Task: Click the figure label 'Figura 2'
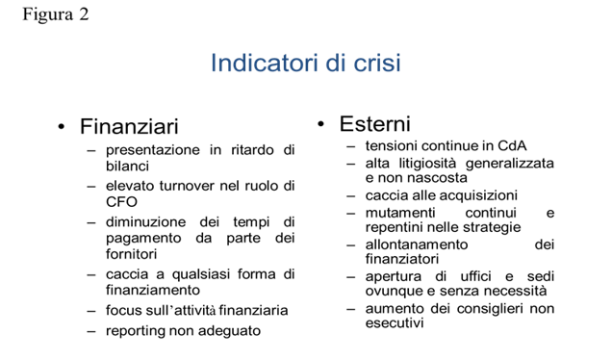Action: click(x=56, y=15)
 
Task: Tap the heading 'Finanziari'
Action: click(x=129, y=126)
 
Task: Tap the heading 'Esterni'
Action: click(x=374, y=124)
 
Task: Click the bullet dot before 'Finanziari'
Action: click(x=61, y=127)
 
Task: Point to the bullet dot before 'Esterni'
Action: click(x=320, y=124)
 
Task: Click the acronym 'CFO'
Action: click(x=121, y=202)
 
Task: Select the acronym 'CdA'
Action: click(x=512, y=145)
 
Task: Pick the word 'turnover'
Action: click(x=187, y=186)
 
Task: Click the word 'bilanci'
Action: click(x=127, y=166)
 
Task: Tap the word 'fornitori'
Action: click(x=131, y=254)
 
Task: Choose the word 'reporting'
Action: click(x=135, y=331)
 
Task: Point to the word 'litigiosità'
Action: click(x=427, y=163)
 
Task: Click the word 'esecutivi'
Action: click(x=395, y=322)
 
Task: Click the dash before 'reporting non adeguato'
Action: click(x=91, y=331)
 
